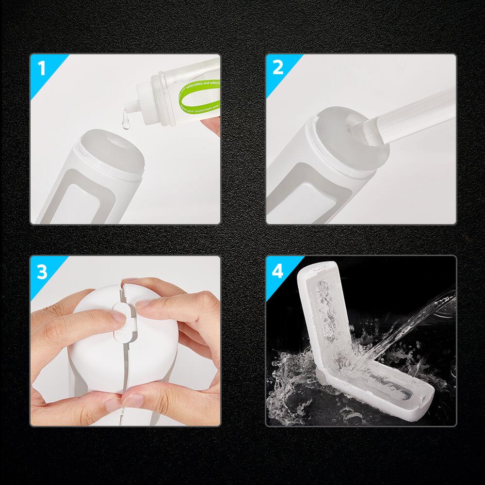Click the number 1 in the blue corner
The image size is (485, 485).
tap(42, 68)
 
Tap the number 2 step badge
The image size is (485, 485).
tap(277, 68)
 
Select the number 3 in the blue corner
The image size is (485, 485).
tap(42, 272)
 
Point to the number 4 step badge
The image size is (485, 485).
tap(277, 271)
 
